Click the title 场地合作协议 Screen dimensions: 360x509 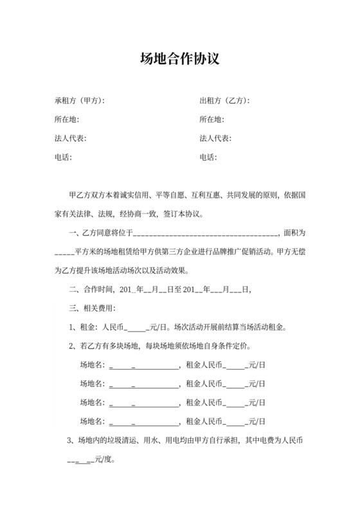click(180, 60)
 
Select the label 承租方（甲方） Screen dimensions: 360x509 click(79, 101)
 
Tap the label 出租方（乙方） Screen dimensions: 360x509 click(224, 101)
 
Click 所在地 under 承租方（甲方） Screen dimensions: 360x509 click(66, 120)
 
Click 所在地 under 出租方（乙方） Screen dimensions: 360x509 click(212, 120)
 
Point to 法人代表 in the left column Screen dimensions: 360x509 click(70, 138)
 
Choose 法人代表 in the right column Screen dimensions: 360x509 click(215, 138)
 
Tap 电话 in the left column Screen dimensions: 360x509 click(63, 157)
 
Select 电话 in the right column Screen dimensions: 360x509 click(208, 157)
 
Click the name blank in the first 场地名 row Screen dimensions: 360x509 click(144, 366)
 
